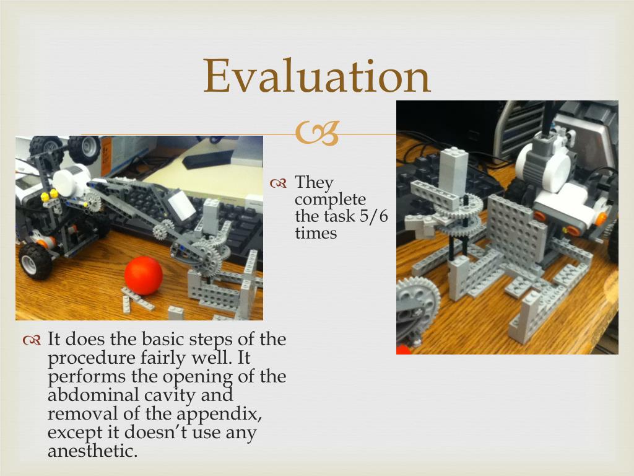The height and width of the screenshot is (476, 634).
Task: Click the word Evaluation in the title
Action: pyautogui.click(x=316, y=76)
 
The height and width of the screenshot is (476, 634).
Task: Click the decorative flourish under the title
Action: pyautogui.click(x=317, y=133)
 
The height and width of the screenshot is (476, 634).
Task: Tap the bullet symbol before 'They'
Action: pyautogui.click(x=278, y=183)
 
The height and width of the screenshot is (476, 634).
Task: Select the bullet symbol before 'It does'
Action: pyautogui.click(x=32, y=340)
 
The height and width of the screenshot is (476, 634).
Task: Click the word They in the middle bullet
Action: pyautogui.click(x=314, y=183)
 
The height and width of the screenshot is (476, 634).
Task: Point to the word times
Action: pyautogui.click(x=316, y=233)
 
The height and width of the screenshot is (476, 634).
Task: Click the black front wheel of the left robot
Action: pyautogui.click(x=35, y=261)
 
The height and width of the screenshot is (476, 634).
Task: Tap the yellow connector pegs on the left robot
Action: pyautogui.click(x=49, y=195)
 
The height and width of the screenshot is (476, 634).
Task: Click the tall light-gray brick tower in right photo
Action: pyautogui.click(x=453, y=172)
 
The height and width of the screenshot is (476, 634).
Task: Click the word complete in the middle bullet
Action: pyautogui.click(x=331, y=200)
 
